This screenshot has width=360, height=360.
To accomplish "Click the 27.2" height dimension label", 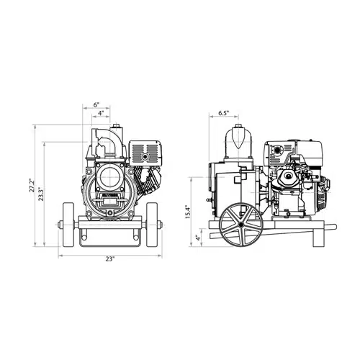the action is coord(32,185).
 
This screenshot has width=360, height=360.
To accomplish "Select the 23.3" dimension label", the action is coord(41,194).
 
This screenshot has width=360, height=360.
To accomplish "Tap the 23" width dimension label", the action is coord(110,259).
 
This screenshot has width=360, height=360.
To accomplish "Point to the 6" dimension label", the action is coord(96,104).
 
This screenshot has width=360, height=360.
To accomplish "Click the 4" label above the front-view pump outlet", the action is coord(101,113).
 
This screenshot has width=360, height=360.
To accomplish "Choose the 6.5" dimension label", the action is coord(224,113).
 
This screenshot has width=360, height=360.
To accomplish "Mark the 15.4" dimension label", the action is coord(188,212).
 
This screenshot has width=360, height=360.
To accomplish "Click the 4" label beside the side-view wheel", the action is coord(198,238).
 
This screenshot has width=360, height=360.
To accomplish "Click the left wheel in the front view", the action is coord(68,225).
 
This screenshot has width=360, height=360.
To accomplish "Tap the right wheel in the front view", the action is coord(152,225).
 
